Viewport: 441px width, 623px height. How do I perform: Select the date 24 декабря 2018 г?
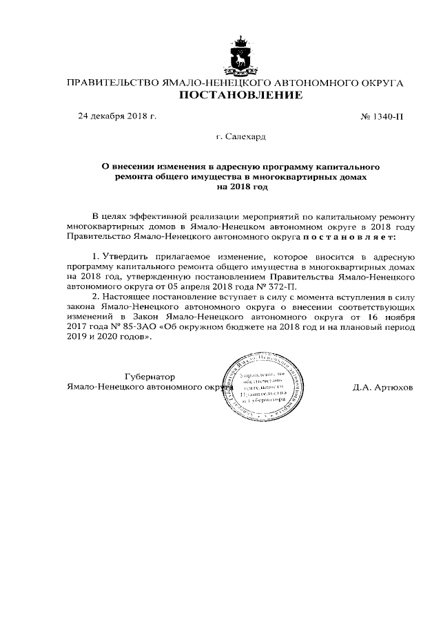coord(117,116)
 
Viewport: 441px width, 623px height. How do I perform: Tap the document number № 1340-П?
coord(382,116)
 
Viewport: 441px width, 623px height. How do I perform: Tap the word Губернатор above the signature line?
coord(150,377)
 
